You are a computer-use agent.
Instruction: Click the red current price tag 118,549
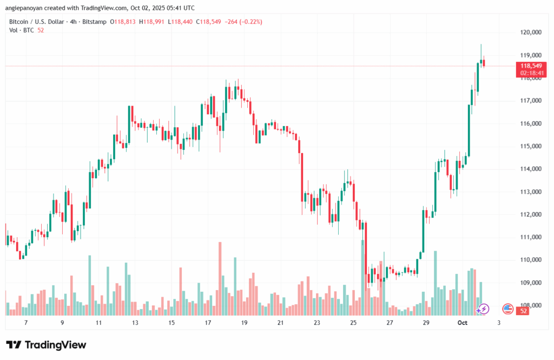pos(531,66)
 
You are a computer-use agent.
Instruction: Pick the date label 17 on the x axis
pos(208,323)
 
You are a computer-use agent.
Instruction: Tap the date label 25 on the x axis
pos(353,323)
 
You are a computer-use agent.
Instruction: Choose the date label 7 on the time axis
pos(27,323)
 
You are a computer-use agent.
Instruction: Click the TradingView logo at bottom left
pos(46,345)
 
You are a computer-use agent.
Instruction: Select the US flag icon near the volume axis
pos(507,309)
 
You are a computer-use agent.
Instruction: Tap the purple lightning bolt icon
pos(483,309)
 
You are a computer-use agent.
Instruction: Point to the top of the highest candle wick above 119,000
pos(481,45)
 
